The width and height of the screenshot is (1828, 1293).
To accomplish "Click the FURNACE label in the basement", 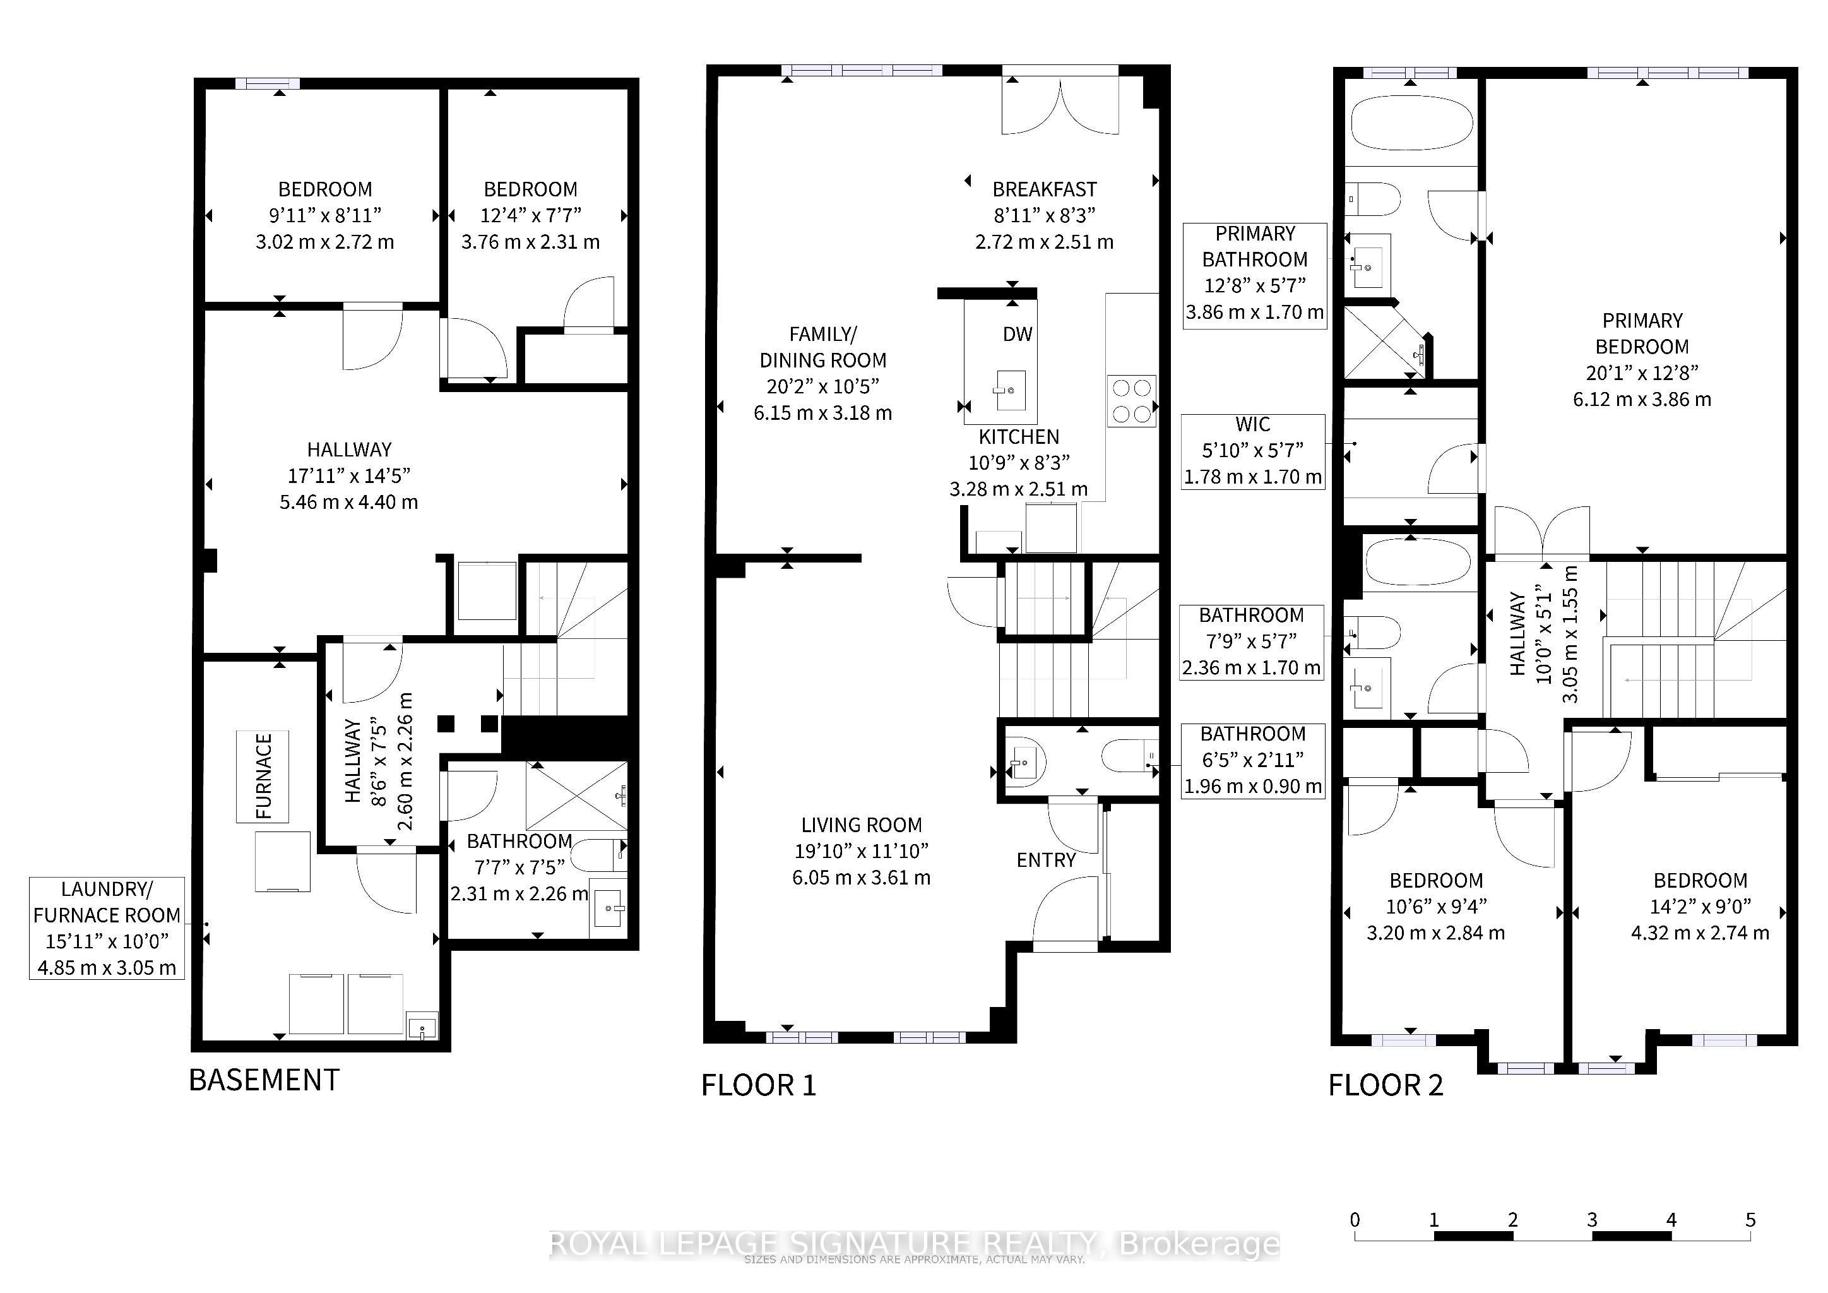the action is point(263,777).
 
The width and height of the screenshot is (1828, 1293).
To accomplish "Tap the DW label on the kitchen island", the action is point(1017,335).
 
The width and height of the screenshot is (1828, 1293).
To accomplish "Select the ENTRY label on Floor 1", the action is point(1046,860).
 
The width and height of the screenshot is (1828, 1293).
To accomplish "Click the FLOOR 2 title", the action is point(1386,1085).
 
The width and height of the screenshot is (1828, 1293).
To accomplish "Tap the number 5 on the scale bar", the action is point(1750,1220).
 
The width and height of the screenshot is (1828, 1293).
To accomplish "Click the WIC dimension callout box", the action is point(1253,451).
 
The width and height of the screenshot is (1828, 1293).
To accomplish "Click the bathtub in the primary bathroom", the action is point(1411,122).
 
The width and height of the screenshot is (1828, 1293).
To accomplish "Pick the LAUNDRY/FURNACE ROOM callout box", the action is point(107,928).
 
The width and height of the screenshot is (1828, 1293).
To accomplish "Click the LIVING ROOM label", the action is point(862,825).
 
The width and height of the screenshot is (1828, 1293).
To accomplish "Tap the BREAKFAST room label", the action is point(1045,189).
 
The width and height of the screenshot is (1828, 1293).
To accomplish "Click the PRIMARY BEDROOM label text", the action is point(1642,333).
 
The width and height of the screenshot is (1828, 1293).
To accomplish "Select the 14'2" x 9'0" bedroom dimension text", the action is point(1700,906).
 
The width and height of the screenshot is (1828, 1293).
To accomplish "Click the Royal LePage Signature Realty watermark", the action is point(915,1244).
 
